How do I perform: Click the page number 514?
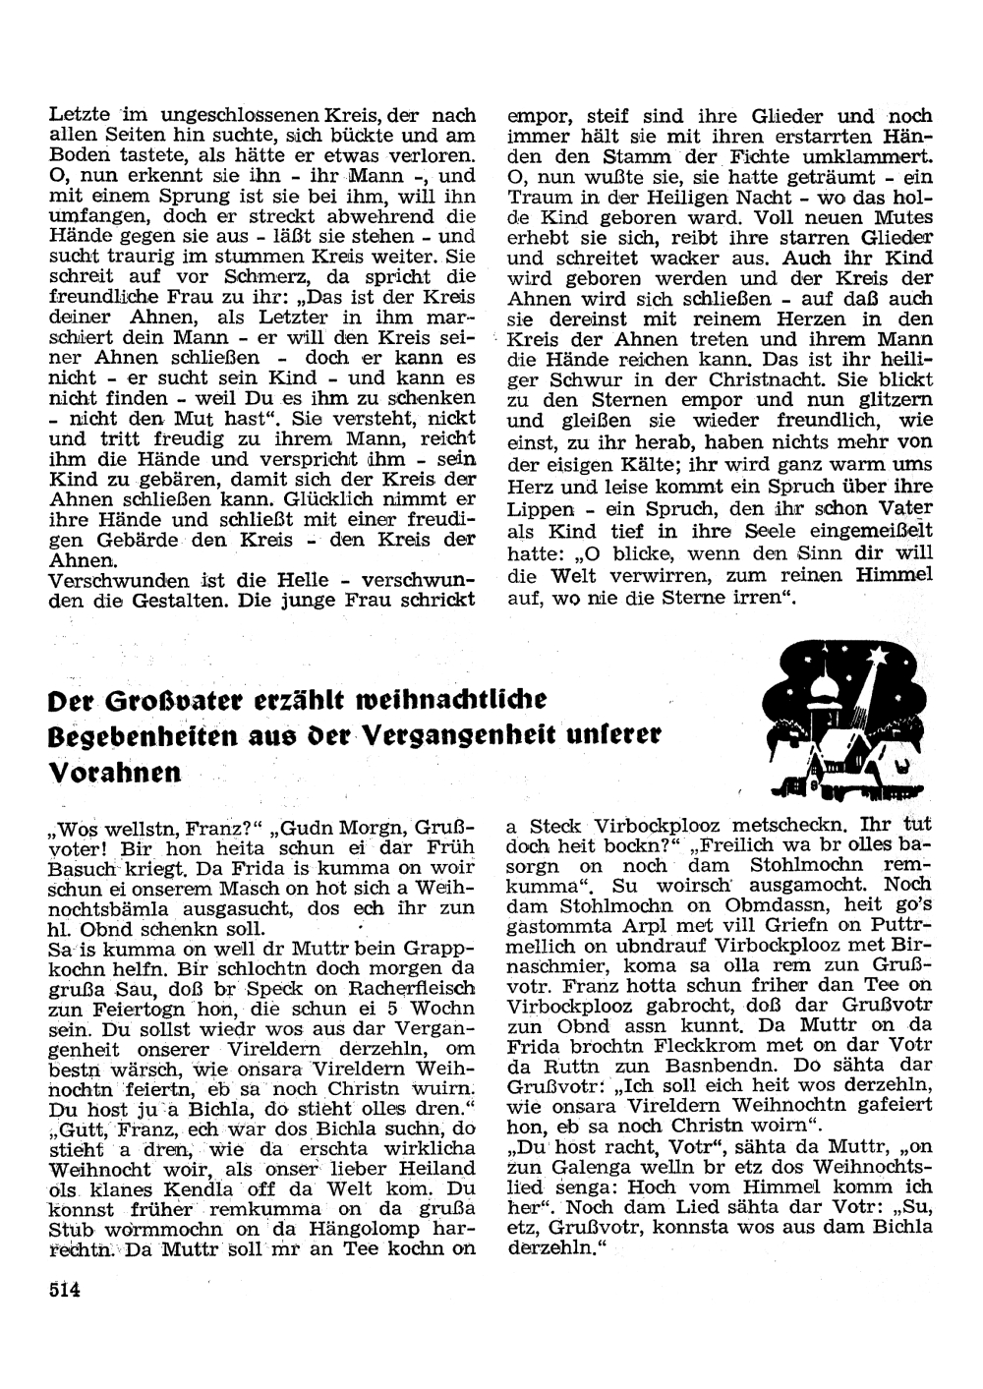point(64,1291)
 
